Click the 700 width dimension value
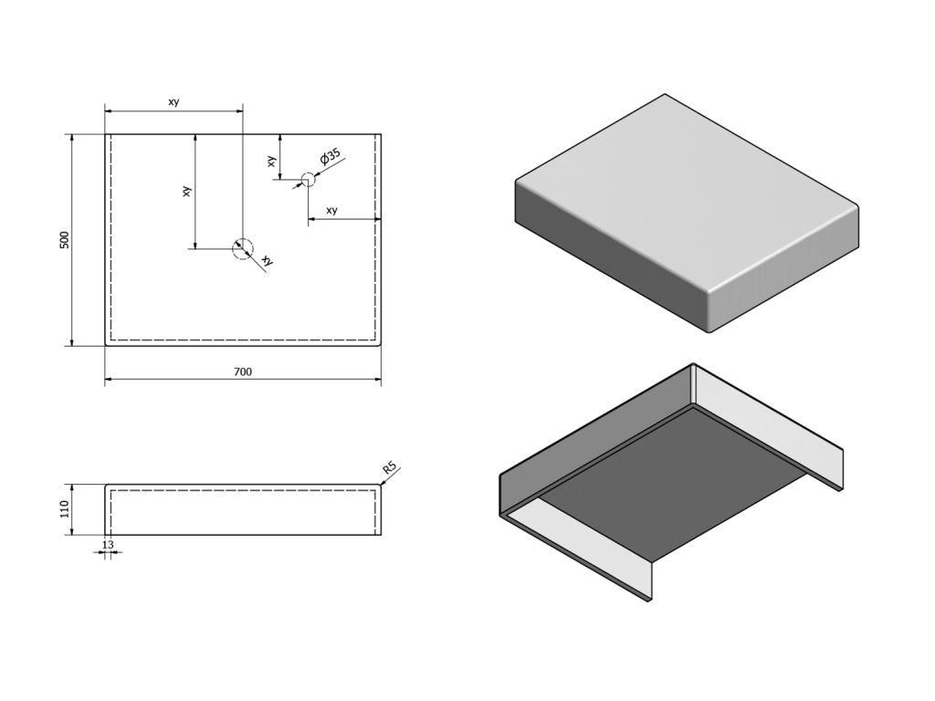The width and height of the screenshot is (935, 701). coord(243,372)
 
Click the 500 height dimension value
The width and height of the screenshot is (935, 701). coord(65,240)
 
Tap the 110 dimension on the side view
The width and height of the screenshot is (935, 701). coord(65,509)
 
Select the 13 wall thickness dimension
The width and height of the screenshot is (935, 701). coord(108,545)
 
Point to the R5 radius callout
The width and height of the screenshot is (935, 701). coord(389,467)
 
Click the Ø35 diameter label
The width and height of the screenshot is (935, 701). coord(330,157)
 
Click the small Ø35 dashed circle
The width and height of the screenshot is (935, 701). coord(308,179)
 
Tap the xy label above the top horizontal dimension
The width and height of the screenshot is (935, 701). coord(173,102)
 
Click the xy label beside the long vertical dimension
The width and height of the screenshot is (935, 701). coord(186,192)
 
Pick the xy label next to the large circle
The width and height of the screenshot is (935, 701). coord(268,260)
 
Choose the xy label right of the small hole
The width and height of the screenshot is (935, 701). coord(332,211)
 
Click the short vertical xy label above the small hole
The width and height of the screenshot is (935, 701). coord(271,161)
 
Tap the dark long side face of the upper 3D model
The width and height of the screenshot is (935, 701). coord(608,256)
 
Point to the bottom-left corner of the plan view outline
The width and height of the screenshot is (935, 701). coord(106,345)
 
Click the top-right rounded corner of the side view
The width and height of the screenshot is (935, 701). coord(380,486)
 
